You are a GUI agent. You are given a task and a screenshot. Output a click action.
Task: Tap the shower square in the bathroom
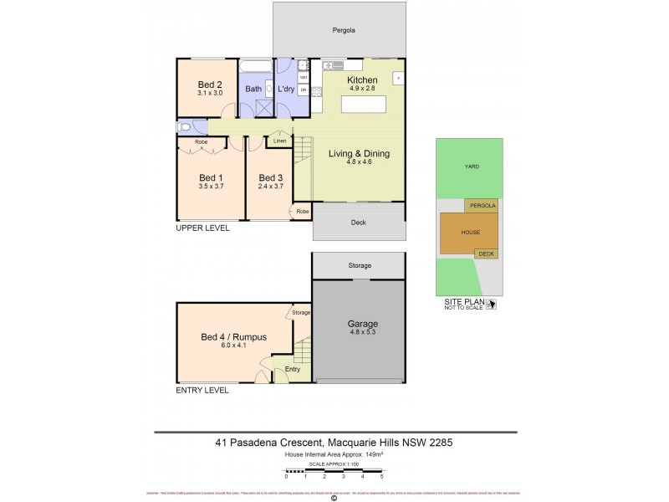point(264,107)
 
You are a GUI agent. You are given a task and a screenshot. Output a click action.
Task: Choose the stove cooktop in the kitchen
point(316,90)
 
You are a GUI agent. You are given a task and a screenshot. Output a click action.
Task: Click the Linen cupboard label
point(279,141)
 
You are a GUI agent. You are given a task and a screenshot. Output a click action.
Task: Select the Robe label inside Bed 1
point(201,142)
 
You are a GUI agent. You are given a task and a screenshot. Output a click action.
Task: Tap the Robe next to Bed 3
point(302,212)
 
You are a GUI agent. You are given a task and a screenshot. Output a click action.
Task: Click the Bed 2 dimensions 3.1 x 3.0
point(209,94)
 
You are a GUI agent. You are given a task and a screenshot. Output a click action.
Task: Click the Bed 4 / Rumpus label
point(233,337)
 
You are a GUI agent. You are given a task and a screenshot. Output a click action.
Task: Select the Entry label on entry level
point(292,369)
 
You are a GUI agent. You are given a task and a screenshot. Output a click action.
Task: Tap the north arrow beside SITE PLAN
point(491,305)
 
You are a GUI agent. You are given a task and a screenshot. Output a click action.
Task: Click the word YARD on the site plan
point(472,166)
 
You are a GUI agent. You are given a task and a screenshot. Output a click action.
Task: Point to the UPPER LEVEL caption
point(202,228)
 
